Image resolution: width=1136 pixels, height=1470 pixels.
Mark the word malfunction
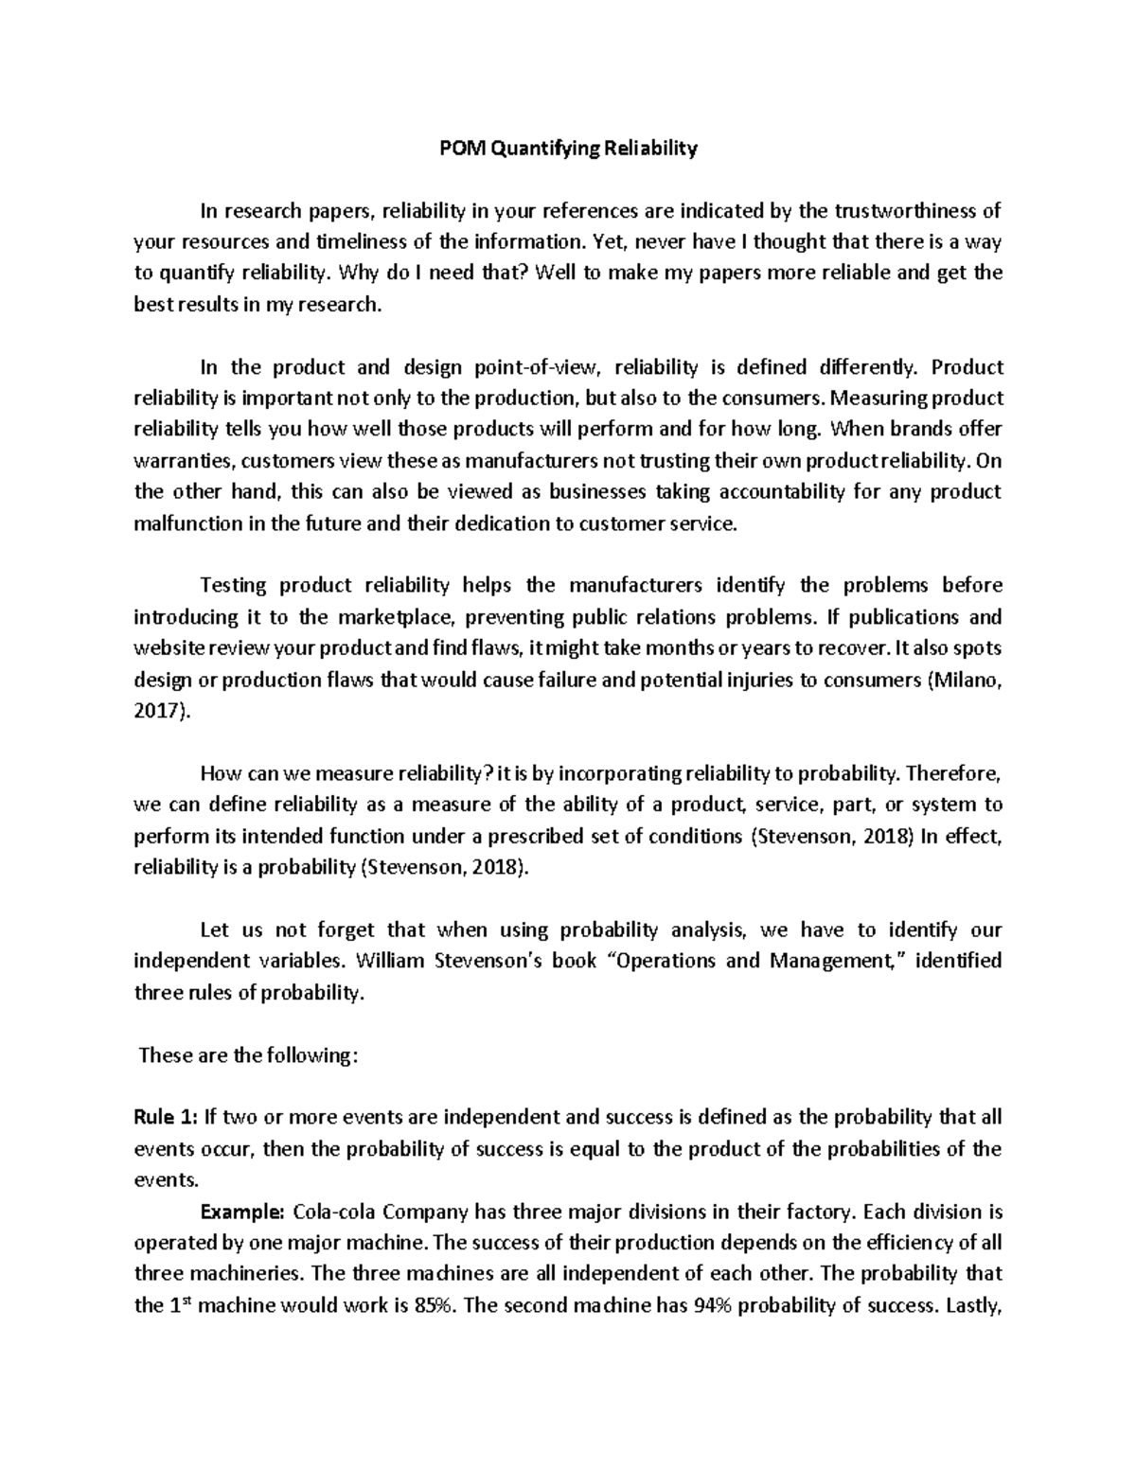[x=187, y=523]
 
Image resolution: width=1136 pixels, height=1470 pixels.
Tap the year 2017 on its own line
[x=159, y=712]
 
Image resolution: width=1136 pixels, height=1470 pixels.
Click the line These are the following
[x=248, y=1055]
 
